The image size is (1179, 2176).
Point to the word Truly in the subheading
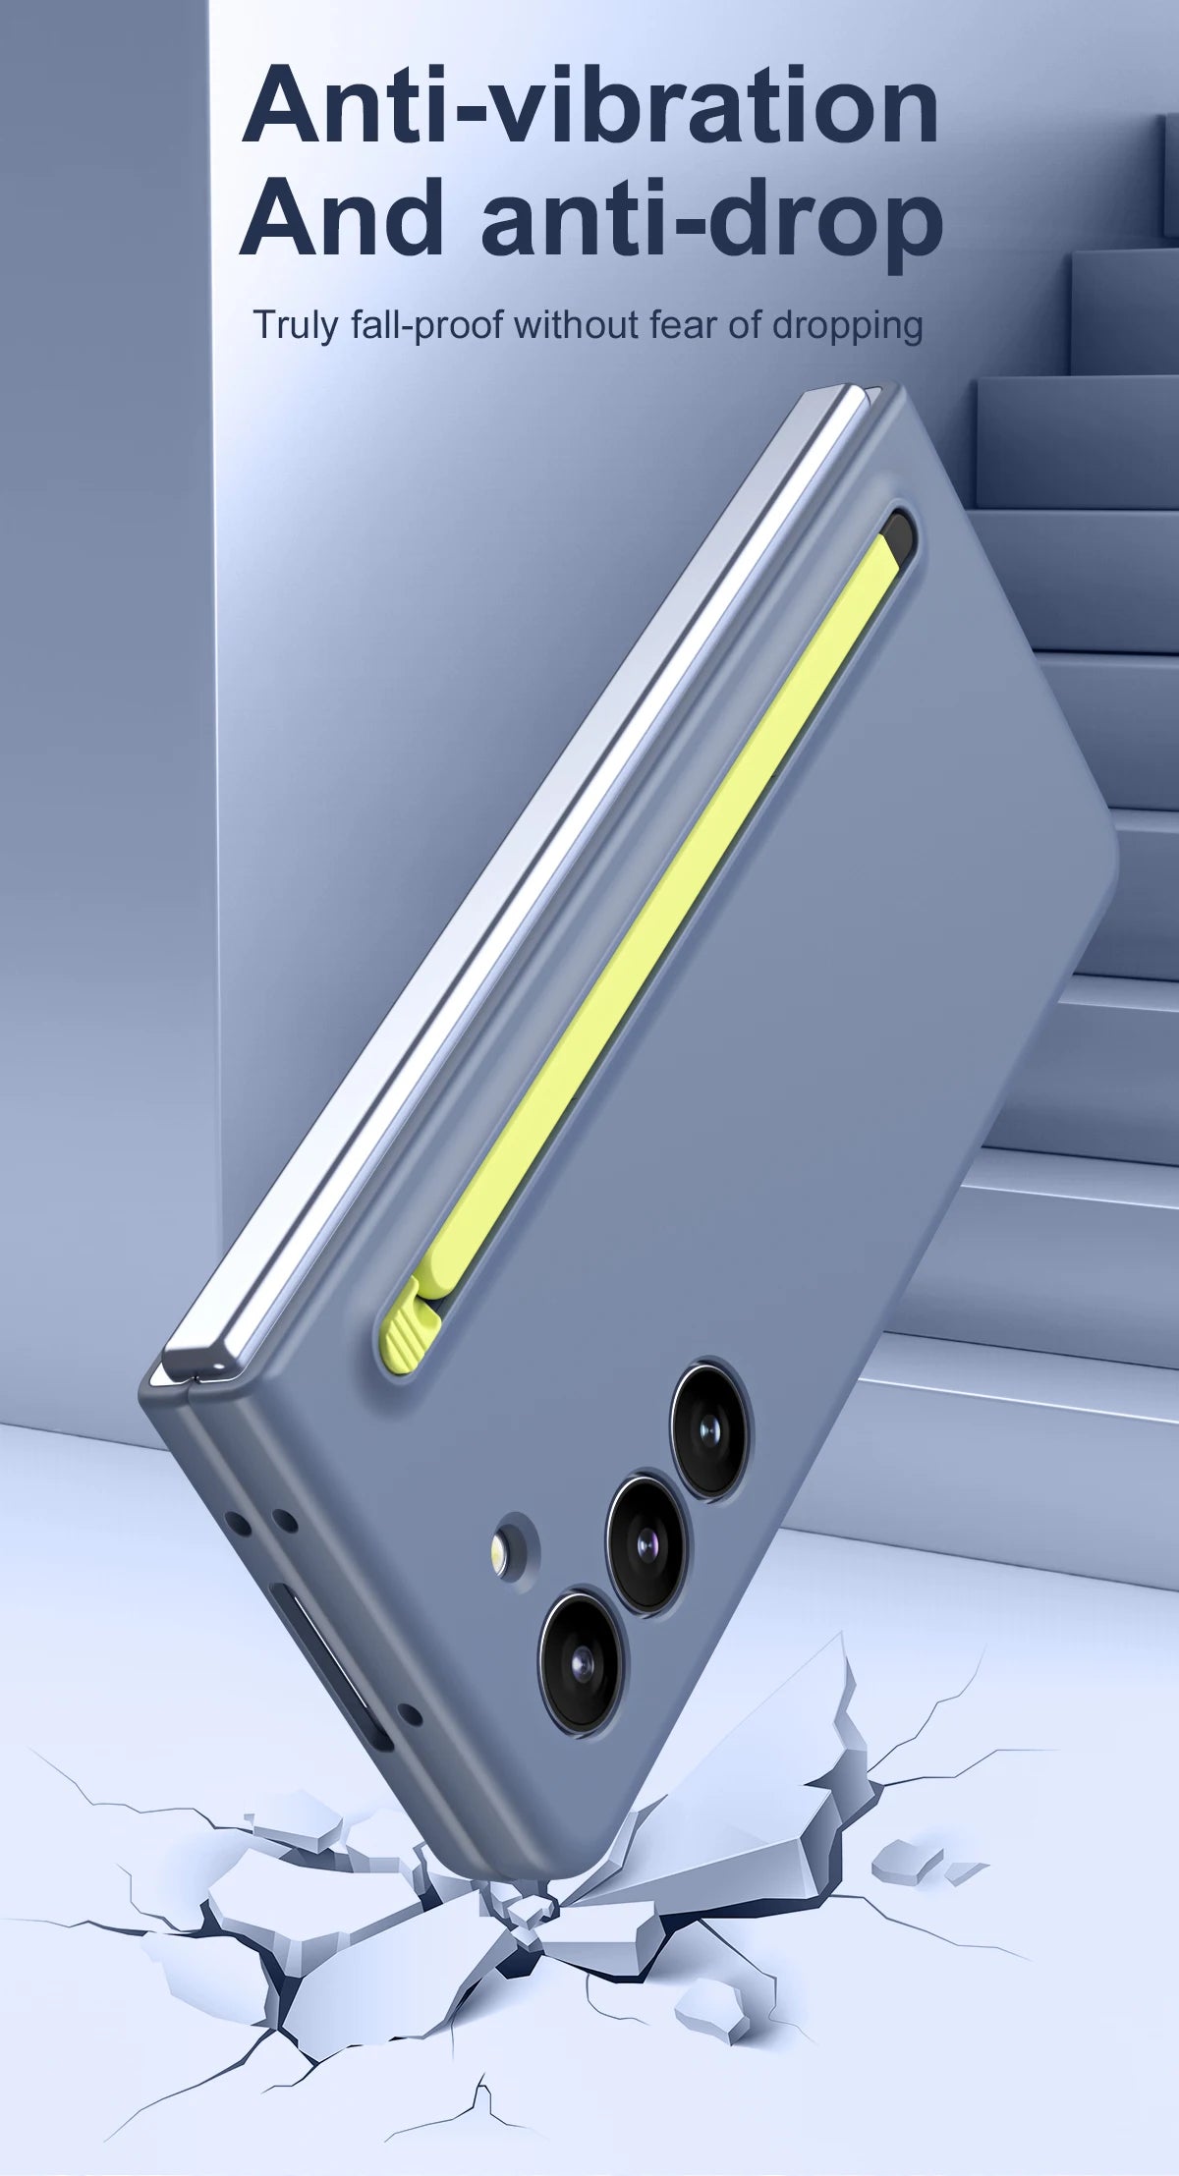point(295,325)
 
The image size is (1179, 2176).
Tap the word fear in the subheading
point(683,324)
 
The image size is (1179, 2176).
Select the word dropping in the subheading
point(848,325)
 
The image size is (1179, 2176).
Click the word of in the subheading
point(745,324)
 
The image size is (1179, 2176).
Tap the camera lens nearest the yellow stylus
point(711,1427)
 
